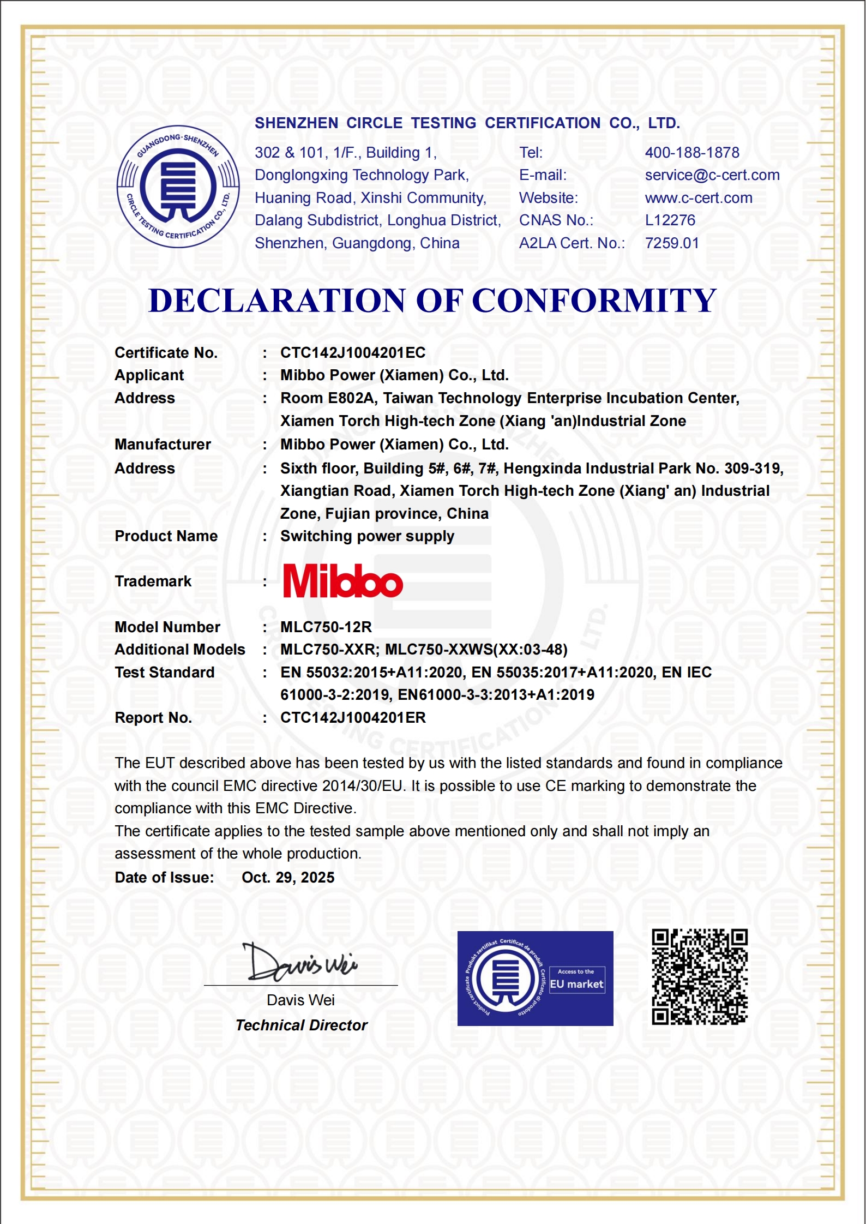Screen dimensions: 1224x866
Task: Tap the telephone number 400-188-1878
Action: (691, 153)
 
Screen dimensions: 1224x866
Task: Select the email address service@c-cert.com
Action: (712, 175)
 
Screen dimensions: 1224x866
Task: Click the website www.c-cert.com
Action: (698, 198)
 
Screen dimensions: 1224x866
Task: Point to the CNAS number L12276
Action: (670, 220)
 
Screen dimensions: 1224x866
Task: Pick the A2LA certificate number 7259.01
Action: (671, 243)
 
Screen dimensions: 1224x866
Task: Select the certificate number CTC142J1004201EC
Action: (352, 353)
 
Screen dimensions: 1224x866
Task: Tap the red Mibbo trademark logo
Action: (342, 581)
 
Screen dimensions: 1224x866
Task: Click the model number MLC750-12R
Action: (326, 627)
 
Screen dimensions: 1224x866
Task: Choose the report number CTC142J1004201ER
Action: (352, 718)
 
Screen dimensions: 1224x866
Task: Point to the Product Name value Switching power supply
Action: (367, 536)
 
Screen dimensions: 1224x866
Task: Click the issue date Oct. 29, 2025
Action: (288, 878)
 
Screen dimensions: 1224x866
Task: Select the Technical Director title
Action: (301, 1025)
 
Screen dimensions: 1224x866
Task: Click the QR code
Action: (699, 977)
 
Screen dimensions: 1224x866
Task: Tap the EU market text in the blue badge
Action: (576, 985)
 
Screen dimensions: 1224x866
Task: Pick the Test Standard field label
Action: (164, 673)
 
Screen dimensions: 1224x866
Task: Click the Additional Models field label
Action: (179, 650)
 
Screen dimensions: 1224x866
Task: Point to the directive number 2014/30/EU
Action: (362, 786)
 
